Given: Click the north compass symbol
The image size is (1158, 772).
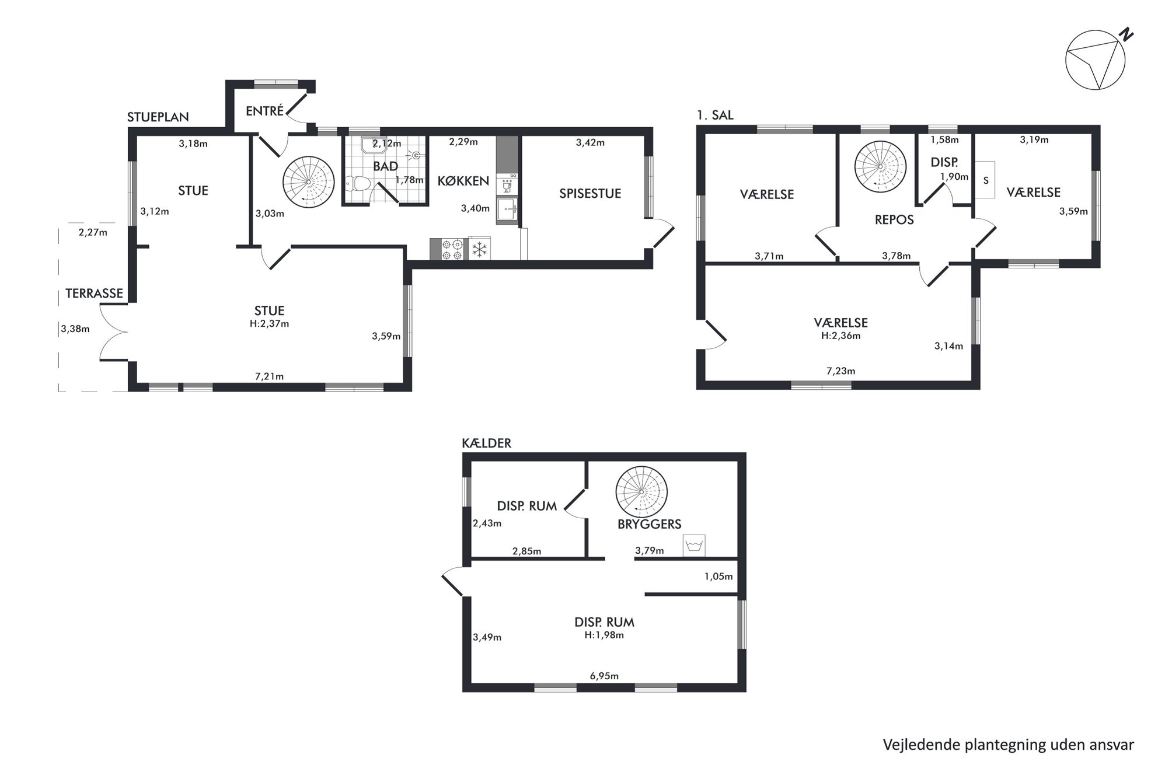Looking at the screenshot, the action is (1096, 60).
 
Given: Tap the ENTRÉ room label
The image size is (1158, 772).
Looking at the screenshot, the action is (264, 111).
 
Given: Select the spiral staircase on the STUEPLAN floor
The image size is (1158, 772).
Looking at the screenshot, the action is (308, 181).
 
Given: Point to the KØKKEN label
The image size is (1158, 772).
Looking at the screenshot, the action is (463, 181).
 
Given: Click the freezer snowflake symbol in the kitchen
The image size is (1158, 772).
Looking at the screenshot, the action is (479, 249).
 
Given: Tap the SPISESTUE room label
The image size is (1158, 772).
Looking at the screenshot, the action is (590, 193).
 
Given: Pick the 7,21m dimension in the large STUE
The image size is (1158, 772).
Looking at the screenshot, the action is (269, 376).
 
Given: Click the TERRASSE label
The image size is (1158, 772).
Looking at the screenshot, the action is (94, 293).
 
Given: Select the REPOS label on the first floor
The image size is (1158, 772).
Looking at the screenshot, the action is (894, 219).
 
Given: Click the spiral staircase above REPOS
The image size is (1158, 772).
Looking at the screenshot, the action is (880, 166).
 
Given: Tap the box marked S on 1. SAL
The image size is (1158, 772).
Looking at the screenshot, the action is (985, 180).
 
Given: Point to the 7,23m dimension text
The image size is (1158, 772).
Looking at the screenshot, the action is (841, 371).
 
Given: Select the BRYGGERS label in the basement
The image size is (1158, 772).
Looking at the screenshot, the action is (650, 524).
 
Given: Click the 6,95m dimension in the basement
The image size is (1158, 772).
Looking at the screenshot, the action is (604, 676).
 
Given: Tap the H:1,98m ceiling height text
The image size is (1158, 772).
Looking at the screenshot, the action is (604, 635).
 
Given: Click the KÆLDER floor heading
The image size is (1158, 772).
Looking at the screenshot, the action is (486, 443).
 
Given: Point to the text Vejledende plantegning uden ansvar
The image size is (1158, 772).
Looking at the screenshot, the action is (1009, 745).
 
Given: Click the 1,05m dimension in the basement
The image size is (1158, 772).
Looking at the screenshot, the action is (718, 577).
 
